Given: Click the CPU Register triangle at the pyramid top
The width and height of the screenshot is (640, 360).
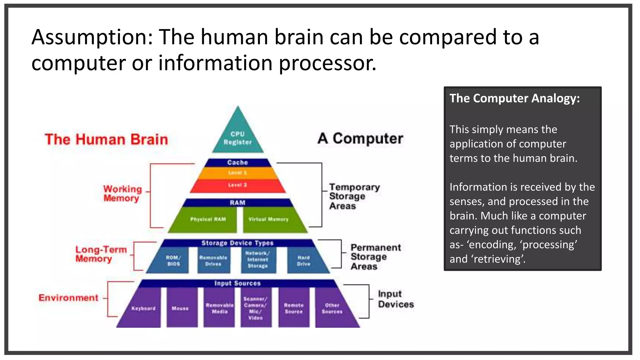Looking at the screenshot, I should click(237, 137).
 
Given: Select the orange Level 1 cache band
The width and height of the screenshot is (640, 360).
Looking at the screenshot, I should click(237, 173).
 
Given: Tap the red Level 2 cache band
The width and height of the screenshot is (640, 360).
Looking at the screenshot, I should click(237, 185).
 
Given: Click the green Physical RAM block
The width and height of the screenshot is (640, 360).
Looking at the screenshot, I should click(208, 220).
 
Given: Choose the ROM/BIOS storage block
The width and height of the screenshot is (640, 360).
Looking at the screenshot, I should click(173, 261).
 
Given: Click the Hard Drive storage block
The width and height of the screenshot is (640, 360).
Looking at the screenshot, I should click(304, 261).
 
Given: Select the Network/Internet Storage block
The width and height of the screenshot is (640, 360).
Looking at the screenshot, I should click(258, 260).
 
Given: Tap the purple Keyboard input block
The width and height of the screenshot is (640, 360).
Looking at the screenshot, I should click(143, 308).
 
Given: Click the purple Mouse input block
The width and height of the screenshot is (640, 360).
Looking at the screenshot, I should click(181, 308).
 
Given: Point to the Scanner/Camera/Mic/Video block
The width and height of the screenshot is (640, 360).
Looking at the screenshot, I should click(256, 308).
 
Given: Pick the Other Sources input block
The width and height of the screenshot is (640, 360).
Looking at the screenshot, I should click(332, 308).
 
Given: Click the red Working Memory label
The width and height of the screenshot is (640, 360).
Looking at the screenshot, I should click(122, 193).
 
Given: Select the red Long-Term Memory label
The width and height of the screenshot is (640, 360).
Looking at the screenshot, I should click(101, 254).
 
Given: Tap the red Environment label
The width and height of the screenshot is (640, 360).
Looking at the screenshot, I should click(68, 298).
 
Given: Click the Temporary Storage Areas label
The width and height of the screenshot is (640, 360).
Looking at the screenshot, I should click(354, 197).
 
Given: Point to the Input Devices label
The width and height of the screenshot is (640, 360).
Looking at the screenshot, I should click(395, 299).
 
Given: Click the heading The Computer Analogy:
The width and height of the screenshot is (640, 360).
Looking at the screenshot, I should click(514, 98).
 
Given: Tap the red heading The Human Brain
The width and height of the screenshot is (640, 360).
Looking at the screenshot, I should click(106, 139).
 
